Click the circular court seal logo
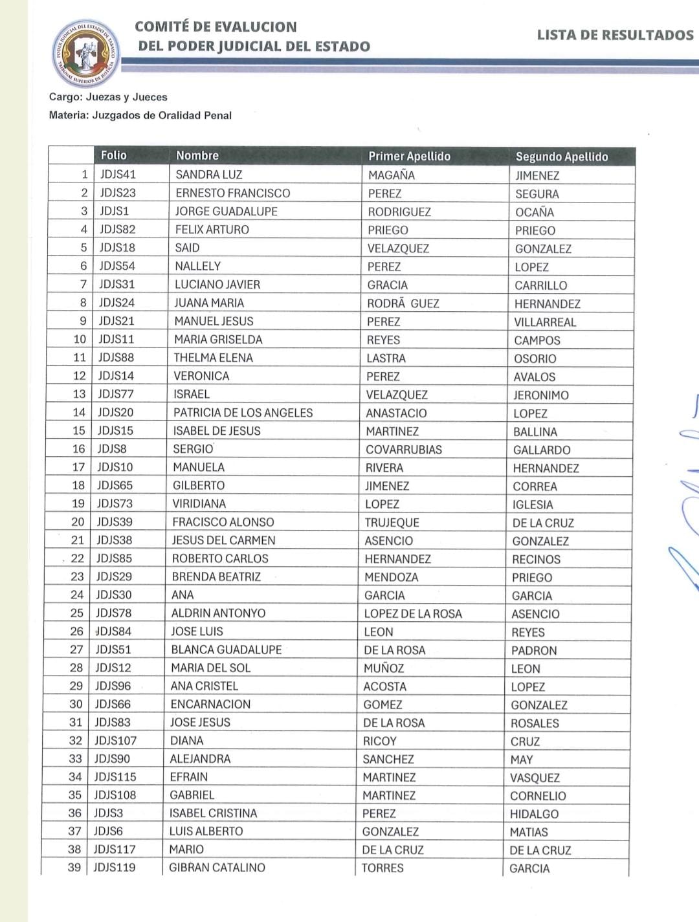click(85, 53)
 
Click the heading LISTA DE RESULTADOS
click(614, 36)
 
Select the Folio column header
click(114, 155)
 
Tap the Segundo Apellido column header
click(561, 157)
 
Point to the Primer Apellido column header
click(409, 156)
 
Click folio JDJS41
click(118, 174)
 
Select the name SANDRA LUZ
click(208, 175)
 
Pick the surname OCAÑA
click(534, 212)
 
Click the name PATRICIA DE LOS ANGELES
click(243, 413)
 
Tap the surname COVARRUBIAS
click(403, 450)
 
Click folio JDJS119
click(115, 868)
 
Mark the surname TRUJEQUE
click(392, 523)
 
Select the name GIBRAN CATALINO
click(217, 868)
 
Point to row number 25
click(77, 613)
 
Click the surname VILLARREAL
click(545, 322)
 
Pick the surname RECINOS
click(536, 560)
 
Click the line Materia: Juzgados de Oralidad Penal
click(140, 116)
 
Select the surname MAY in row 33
click(521, 760)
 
